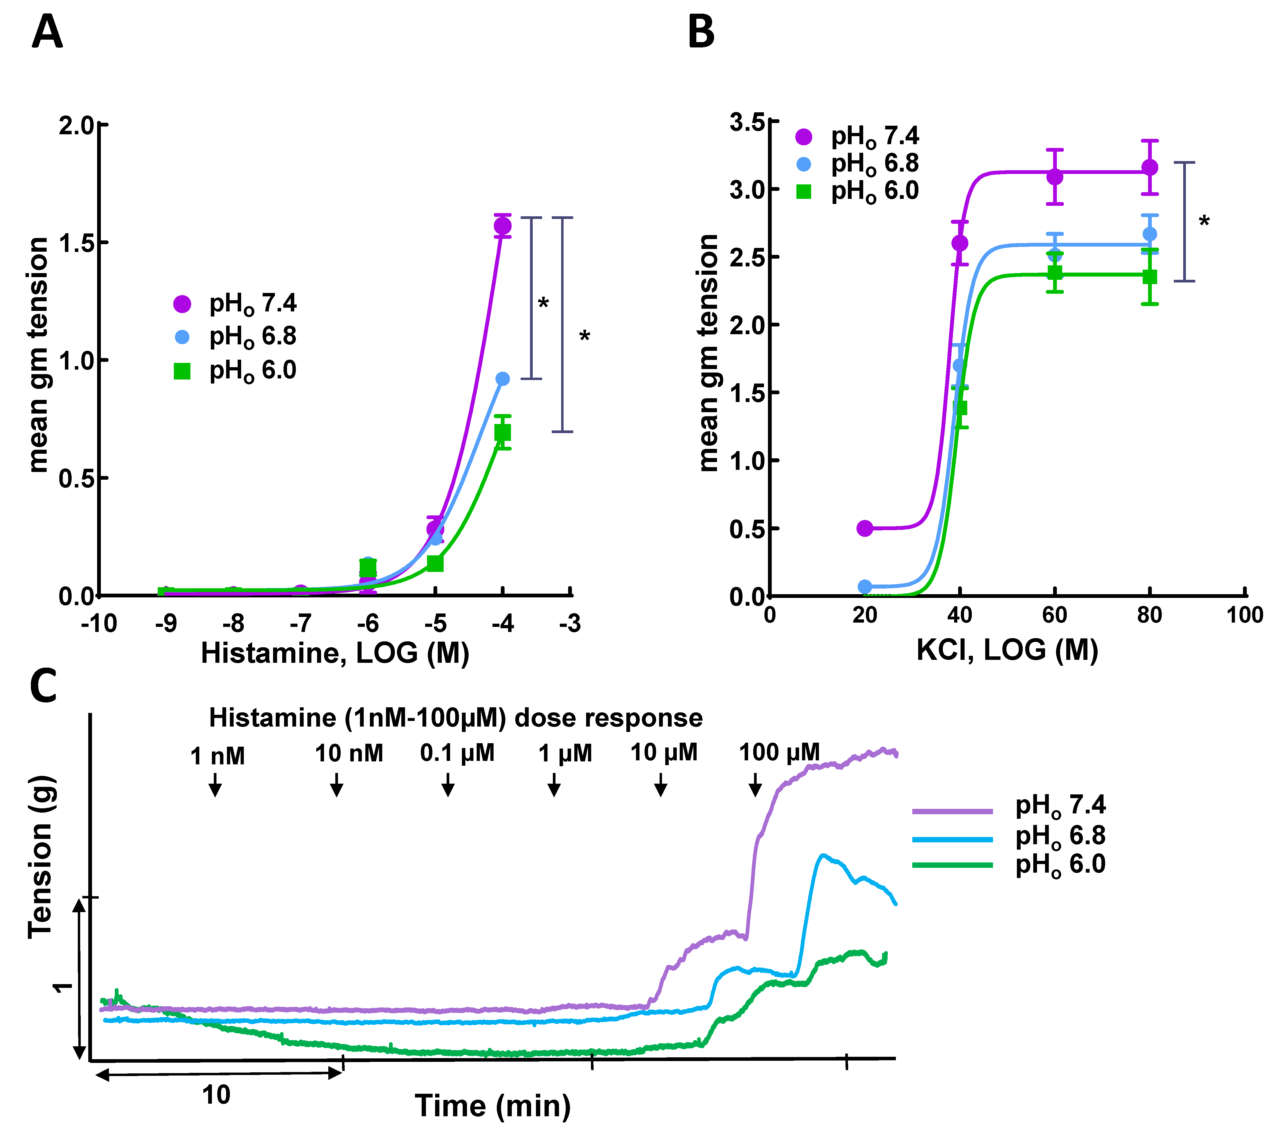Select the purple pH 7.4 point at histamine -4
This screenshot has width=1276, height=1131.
(x=502, y=226)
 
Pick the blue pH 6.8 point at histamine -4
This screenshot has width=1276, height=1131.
(x=502, y=379)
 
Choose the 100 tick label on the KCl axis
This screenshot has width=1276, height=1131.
(x=1244, y=615)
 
